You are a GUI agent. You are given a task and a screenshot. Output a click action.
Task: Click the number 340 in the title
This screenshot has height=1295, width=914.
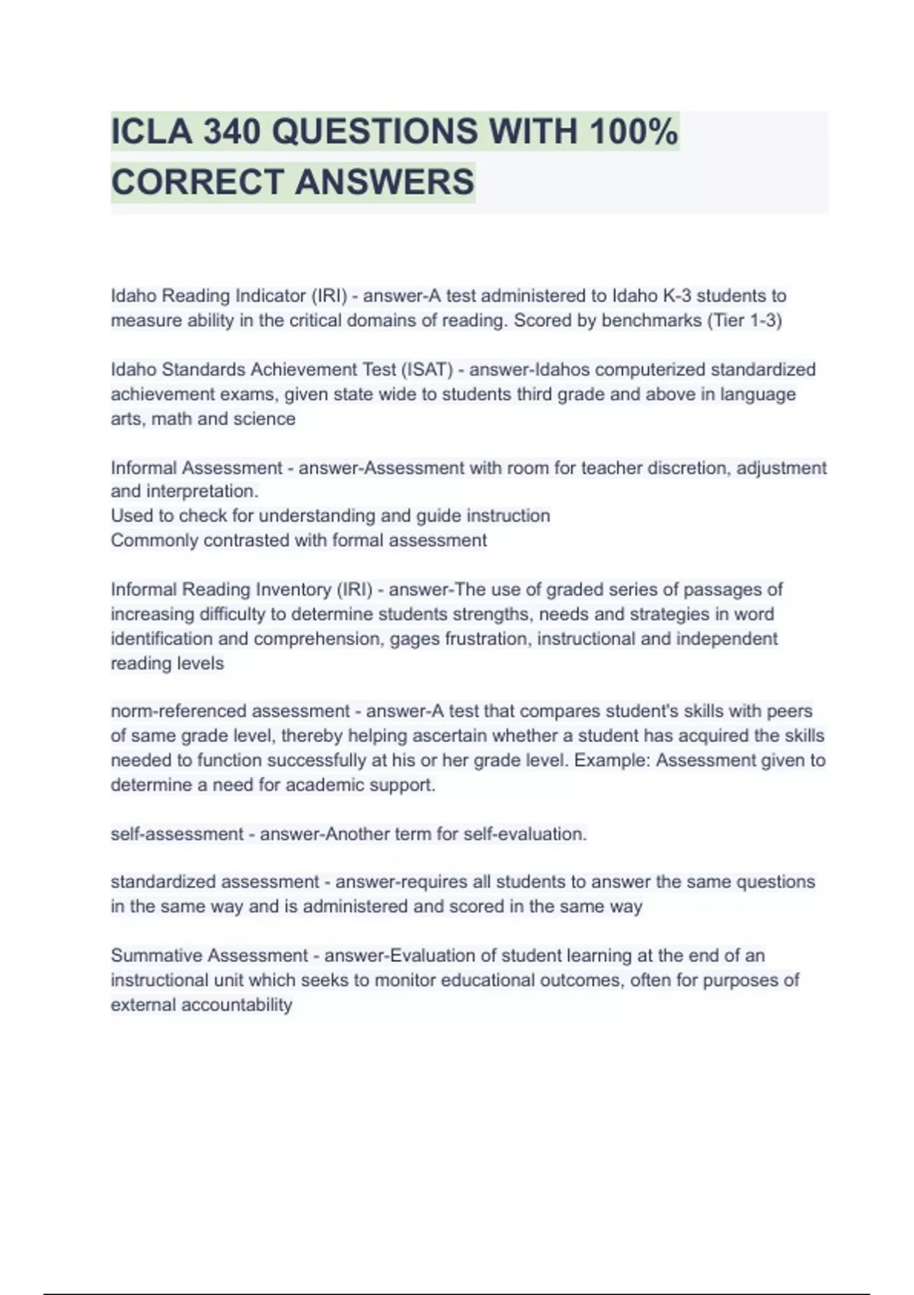click(232, 132)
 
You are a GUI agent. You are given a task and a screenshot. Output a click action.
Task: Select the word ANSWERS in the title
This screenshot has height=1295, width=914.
click(385, 182)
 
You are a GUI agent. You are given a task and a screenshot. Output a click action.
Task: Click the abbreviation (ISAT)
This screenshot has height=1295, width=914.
click(427, 369)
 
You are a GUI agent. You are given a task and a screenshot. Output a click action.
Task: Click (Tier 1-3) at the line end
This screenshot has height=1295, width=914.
click(744, 321)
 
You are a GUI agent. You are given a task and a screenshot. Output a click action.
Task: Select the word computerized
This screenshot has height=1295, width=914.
click(648, 369)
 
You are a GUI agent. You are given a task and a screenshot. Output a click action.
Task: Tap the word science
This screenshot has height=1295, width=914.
click(264, 419)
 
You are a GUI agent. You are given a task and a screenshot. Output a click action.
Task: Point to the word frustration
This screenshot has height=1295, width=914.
click(478, 639)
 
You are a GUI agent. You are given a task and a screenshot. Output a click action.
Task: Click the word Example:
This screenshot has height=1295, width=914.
click(612, 760)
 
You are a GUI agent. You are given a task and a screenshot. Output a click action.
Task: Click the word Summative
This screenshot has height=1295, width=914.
click(156, 955)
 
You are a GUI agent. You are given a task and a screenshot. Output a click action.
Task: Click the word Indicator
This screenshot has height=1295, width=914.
click(270, 296)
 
